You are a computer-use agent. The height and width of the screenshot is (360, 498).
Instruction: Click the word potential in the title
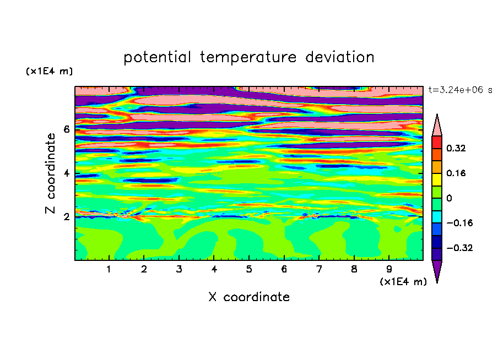[157, 57]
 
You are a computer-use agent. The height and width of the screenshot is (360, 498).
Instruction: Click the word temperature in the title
[248, 57]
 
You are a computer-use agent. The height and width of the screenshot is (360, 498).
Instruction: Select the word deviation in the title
[340, 57]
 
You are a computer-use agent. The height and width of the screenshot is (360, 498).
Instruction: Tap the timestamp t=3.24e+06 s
[460, 90]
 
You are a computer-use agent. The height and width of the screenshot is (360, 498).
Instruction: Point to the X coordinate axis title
[249, 297]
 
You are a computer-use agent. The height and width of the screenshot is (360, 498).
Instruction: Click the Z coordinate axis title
[50, 173]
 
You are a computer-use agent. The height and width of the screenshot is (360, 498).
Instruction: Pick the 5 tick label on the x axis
[249, 269]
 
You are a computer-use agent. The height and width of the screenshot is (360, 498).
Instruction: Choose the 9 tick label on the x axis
[389, 269]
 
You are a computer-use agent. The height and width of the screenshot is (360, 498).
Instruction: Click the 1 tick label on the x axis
[109, 269]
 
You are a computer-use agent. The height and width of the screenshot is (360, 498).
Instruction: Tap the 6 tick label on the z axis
[66, 129]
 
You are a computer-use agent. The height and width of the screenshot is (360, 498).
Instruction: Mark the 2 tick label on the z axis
[66, 217]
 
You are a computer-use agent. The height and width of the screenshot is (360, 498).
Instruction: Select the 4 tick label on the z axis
[66, 173]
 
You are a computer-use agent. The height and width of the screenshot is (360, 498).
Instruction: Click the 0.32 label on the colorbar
[456, 148]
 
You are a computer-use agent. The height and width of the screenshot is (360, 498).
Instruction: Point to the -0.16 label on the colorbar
[459, 223]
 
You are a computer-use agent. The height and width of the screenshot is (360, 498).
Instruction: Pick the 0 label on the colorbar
[449, 198]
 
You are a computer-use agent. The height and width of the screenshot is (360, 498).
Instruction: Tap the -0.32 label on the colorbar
[459, 248]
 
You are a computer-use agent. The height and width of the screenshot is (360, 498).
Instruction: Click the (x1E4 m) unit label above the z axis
[49, 71]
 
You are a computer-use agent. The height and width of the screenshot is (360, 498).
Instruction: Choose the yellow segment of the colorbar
[437, 179]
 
